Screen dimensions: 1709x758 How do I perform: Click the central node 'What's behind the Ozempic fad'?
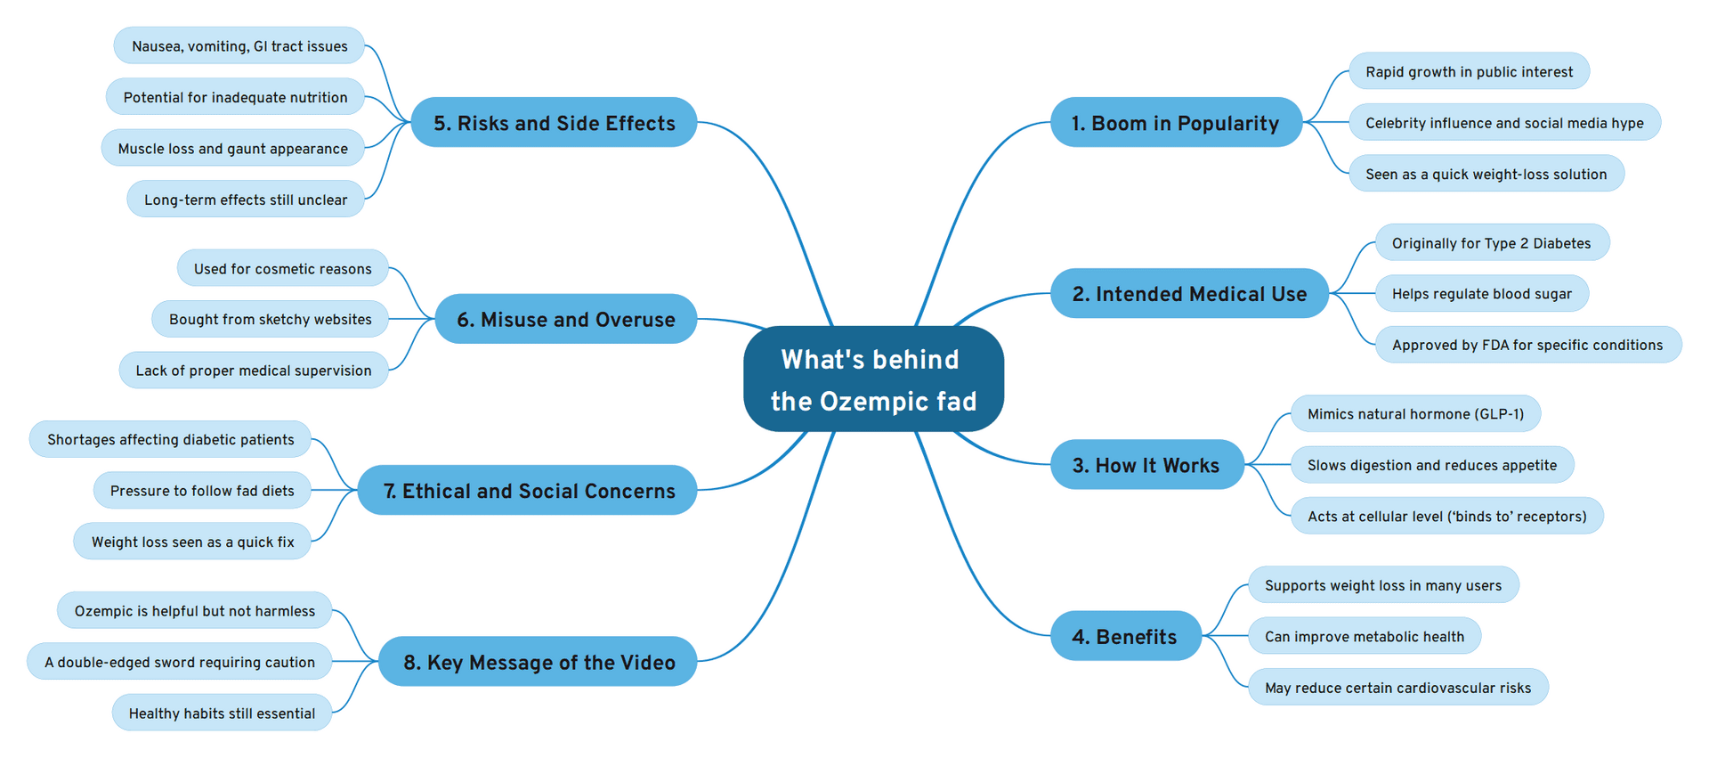(x=873, y=379)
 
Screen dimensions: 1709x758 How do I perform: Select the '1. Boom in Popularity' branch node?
(x=1176, y=122)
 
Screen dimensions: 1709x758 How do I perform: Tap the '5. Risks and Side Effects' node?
(x=554, y=122)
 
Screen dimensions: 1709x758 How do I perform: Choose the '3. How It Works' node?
(x=1146, y=464)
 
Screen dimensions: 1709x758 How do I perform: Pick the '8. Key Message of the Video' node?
(x=538, y=661)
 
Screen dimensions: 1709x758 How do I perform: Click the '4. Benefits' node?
(x=1125, y=635)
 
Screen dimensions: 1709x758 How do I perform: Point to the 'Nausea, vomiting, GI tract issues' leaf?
(x=239, y=45)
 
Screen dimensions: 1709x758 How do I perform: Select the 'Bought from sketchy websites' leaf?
(x=270, y=319)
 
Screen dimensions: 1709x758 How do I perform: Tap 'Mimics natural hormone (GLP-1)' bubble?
(x=1415, y=413)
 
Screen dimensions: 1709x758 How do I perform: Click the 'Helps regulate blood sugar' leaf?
(x=1481, y=293)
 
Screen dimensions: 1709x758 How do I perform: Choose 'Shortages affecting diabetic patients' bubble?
(x=170, y=439)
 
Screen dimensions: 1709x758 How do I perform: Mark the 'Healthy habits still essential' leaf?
(x=222, y=713)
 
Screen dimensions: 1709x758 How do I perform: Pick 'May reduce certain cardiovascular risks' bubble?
(x=1397, y=687)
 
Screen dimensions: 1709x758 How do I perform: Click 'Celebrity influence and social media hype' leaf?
(x=1504, y=122)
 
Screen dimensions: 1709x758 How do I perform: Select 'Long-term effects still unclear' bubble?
(x=246, y=199)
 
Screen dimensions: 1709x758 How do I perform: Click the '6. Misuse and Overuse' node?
(x=565, y=319)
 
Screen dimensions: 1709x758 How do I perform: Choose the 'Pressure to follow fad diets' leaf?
(x=202, y=490)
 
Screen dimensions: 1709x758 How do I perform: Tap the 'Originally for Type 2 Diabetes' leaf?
(x=1491, y=242)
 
